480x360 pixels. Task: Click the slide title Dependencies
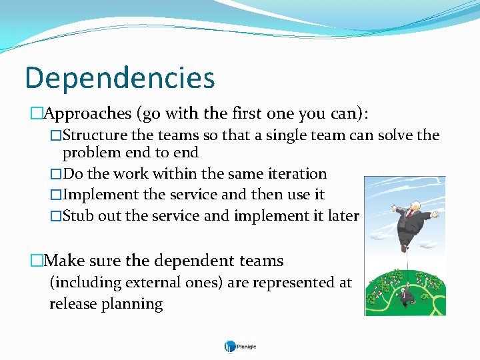pyautogui.click(x=120, y=78)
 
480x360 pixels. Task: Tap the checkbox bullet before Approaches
pyautogui.click(x=37, y=113)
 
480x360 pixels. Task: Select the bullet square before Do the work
pyautogui.click(x=56, y=174)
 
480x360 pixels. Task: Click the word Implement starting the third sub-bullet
pyautogui.click(x=101, y=195)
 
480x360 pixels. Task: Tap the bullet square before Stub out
pyautogui.click(x=56, y=216)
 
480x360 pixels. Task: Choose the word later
pyautogui.click(x=343, y=215)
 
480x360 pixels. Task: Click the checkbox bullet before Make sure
pyautogui.click(x=37, y=261)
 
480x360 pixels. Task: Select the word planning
pyautogui.click(x=132, y=305)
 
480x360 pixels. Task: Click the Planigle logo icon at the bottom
pyautogui.click(x=230, y=347)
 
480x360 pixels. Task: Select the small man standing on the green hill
pyautogui.click(x=405, y=296)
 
